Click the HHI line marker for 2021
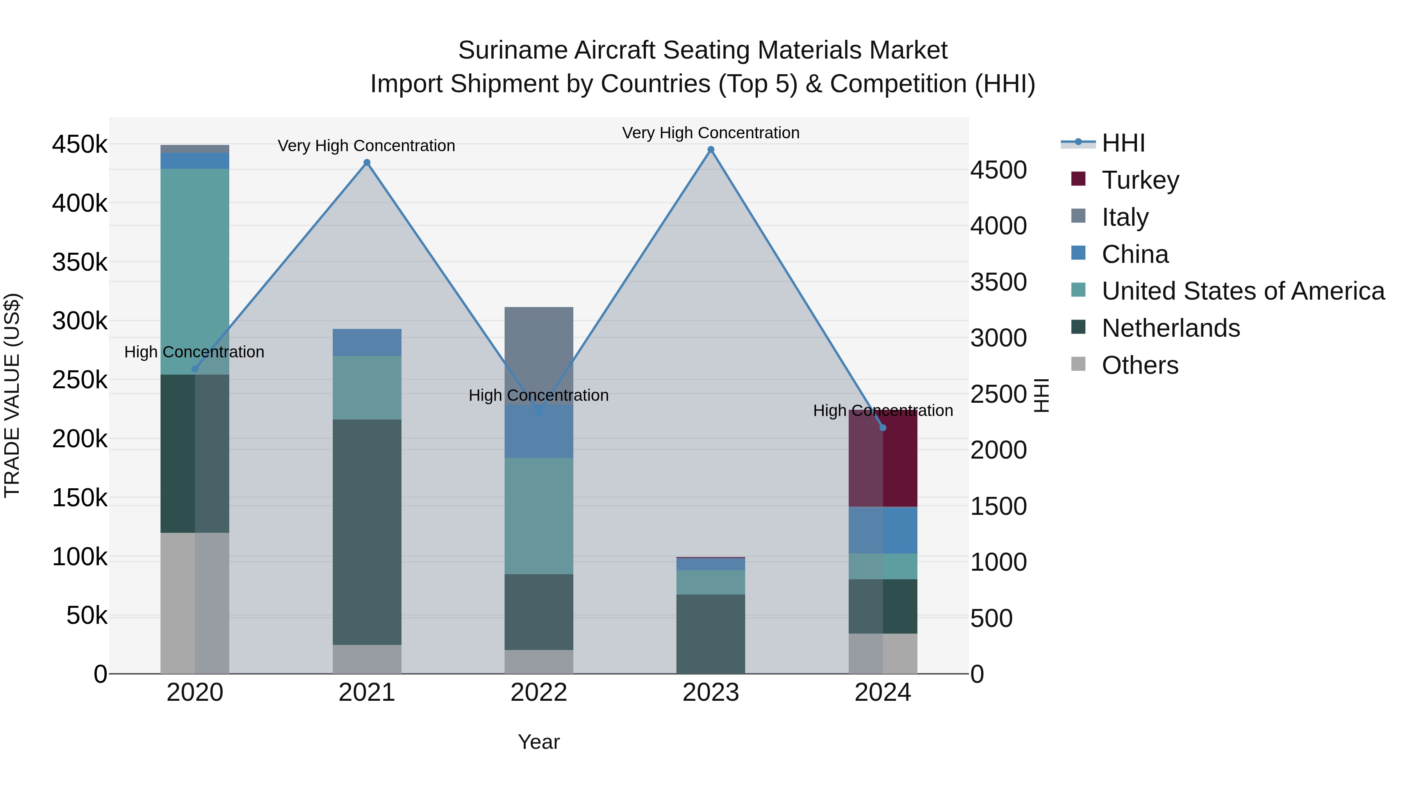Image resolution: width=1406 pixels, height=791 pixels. pyautogui.click(x=367, y=162)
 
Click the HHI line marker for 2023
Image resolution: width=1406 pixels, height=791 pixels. pyautogui.click(x=711, y=150)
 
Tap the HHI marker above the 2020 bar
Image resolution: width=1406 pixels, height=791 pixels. pyautogui.click(x=195, y=369)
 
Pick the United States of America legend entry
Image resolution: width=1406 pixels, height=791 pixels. pyautogui.click(x=1242, y=291)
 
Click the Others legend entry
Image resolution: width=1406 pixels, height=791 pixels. pyautogui.click(x=1139, y=365)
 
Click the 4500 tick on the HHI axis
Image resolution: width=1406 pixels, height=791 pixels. pyautogui.click(x=998, y=170)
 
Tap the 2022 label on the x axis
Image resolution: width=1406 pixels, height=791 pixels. pyautogui.click(x=539, y=693)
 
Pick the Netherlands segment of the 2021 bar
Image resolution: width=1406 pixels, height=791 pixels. pyautogui.click(x=367, y=532)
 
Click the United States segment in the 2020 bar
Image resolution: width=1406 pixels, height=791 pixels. pyautogui.click(x=195, y=271)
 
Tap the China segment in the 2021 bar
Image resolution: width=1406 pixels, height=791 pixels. pyautogui.click(x=367, y=342)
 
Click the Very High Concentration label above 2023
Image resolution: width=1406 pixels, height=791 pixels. pyautogui.click(x=711, y=133)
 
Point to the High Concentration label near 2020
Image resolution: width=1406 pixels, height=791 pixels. pyautogui.click(x=194, y=352)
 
